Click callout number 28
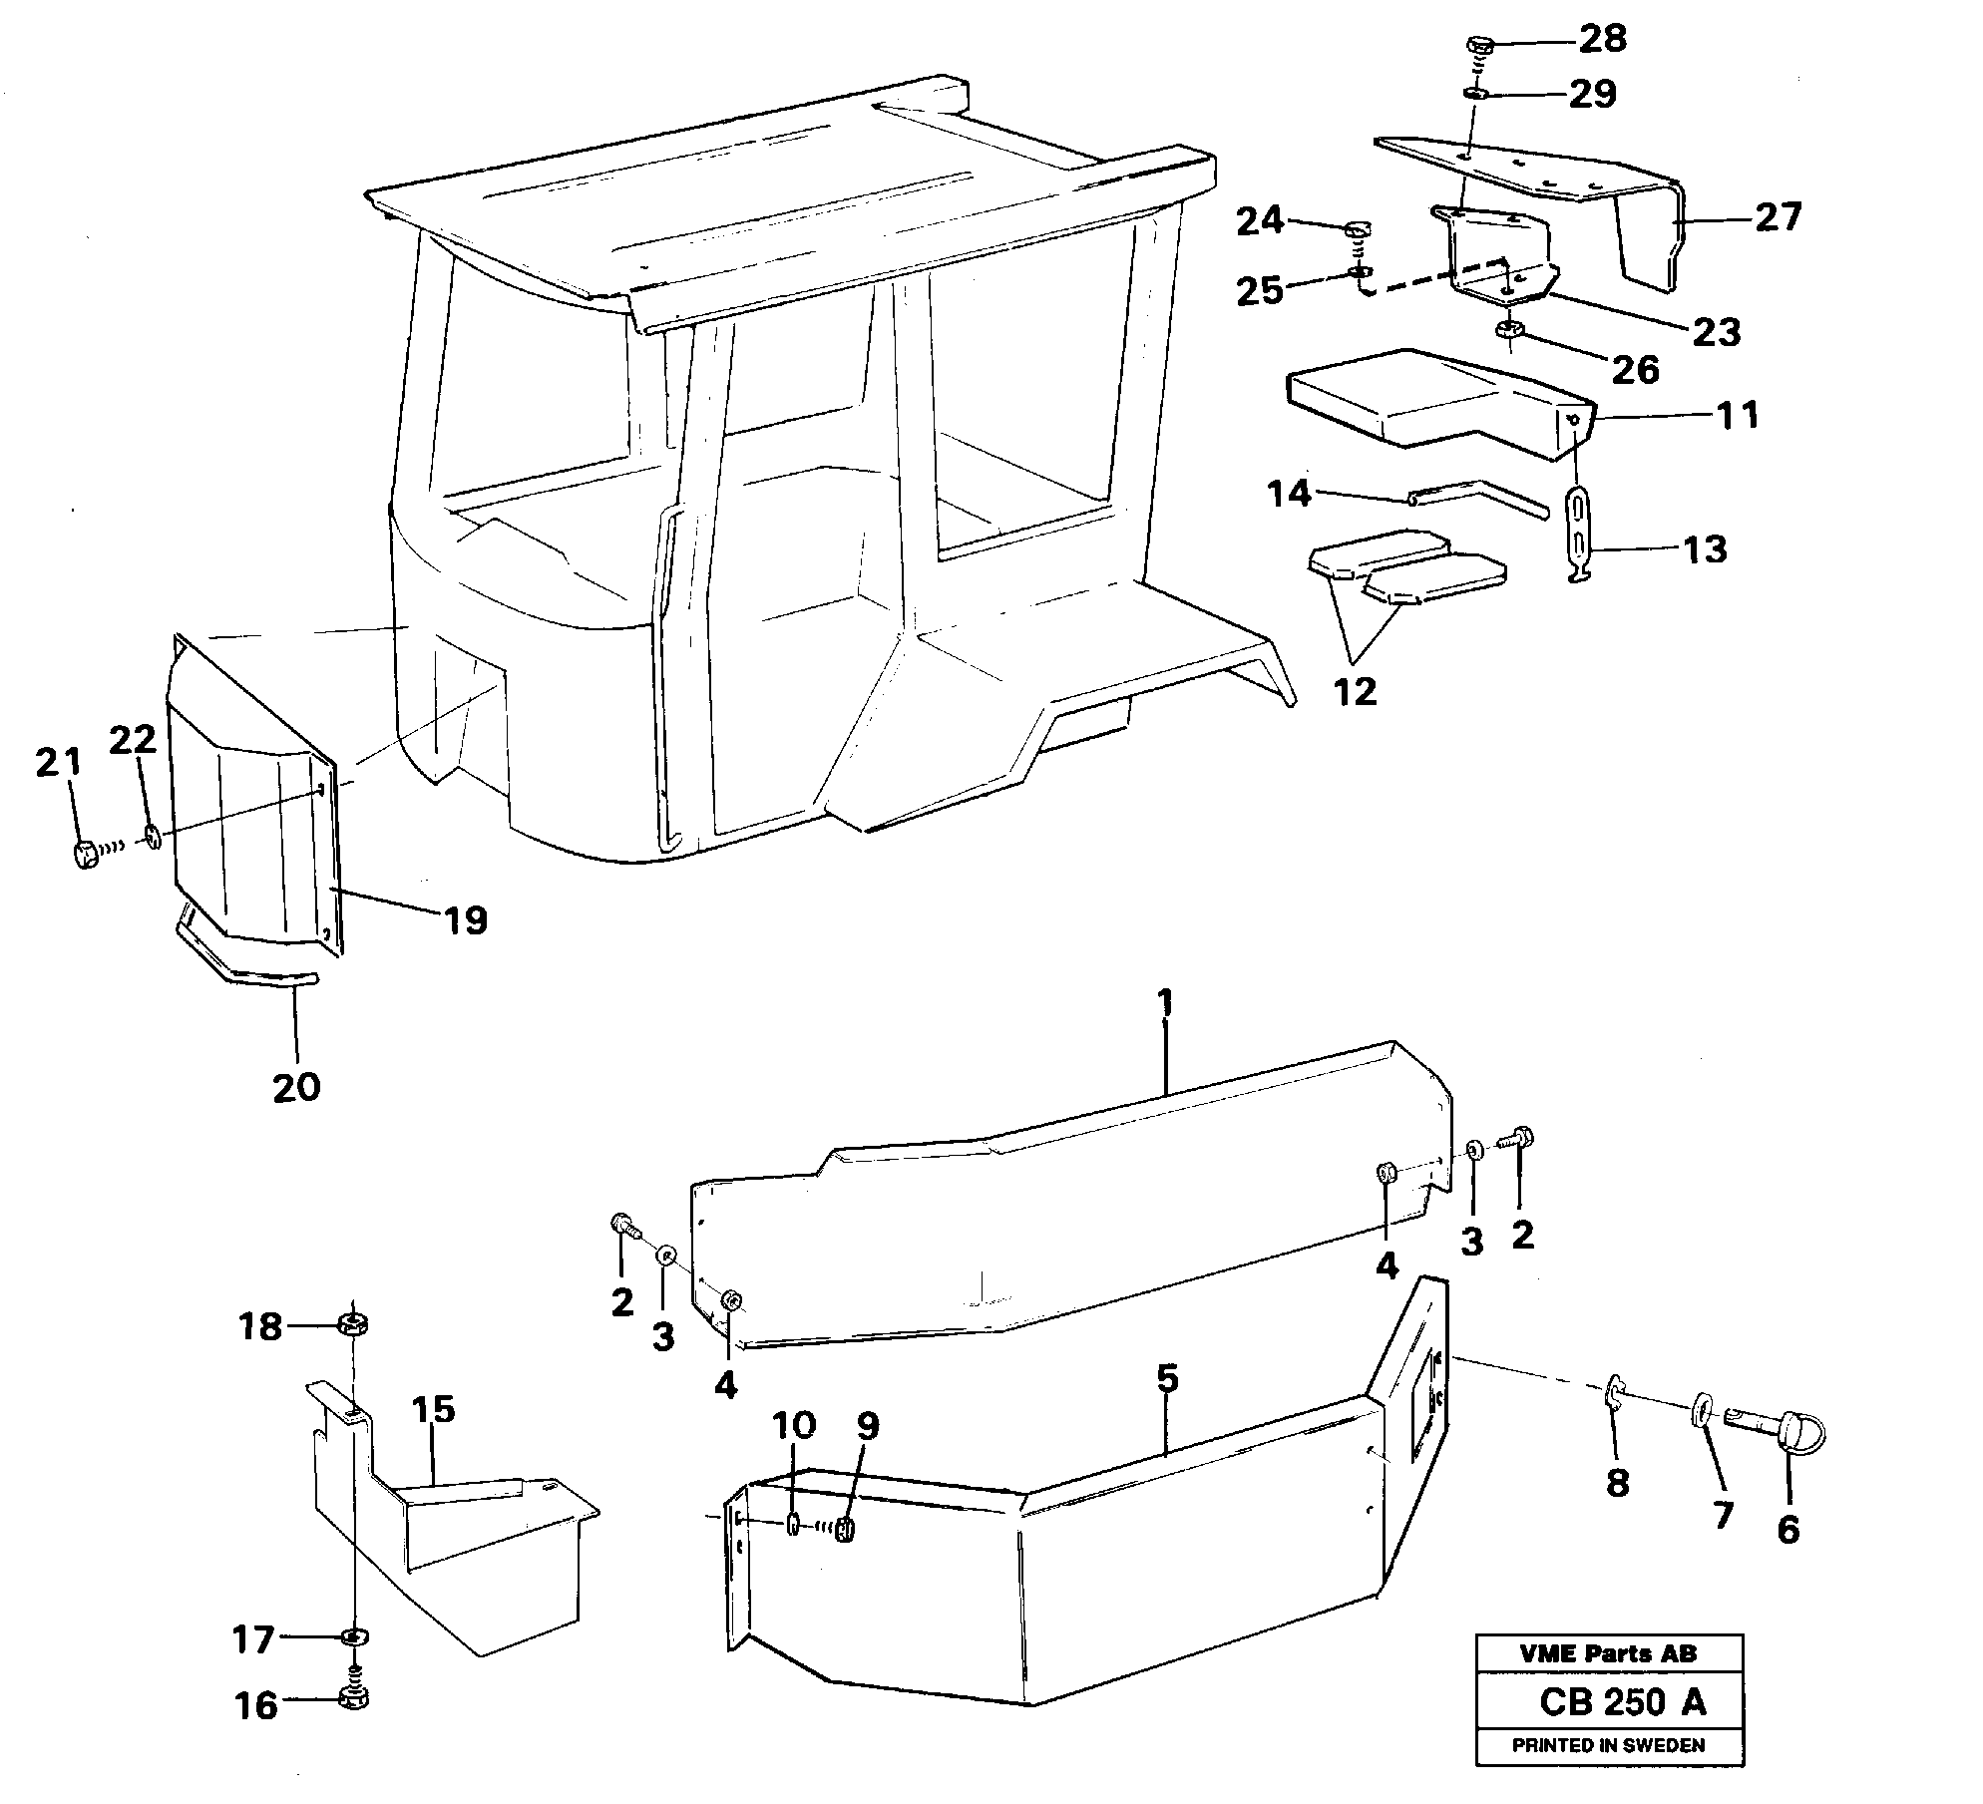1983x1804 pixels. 1603,40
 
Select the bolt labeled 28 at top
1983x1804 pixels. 1479,45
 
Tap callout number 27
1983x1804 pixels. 1779,217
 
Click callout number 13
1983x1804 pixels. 1705,549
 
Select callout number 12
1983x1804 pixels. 1355,691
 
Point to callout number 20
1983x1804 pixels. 296,1086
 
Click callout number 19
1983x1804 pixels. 465,919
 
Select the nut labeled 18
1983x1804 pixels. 352,1325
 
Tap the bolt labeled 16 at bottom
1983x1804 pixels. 354,1698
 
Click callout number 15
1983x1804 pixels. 432,1409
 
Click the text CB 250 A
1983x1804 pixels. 1623,1701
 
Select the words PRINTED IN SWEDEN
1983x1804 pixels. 1609,1745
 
